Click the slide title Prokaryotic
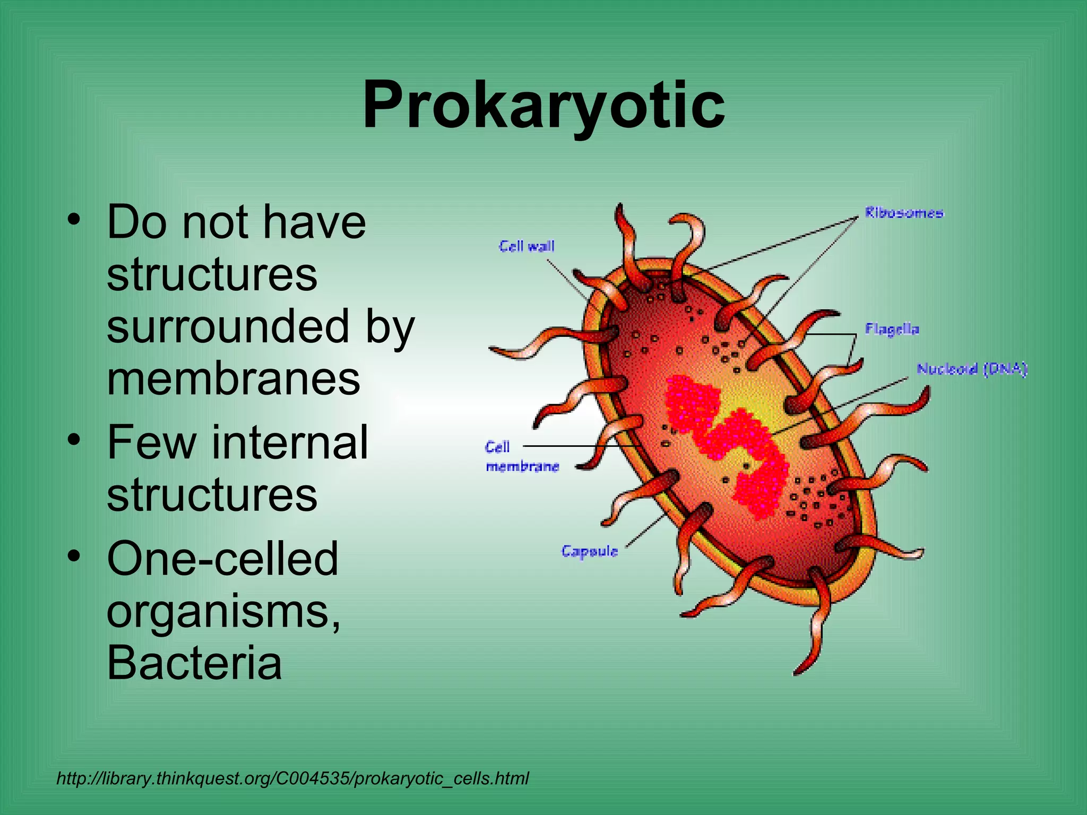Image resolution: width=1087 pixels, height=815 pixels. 543,105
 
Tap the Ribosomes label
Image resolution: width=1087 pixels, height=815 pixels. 904,213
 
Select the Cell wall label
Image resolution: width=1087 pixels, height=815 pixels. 527,246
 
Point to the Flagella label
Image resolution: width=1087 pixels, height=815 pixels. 892,329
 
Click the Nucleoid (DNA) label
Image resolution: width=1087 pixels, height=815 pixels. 972,369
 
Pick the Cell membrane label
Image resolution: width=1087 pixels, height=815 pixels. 522,457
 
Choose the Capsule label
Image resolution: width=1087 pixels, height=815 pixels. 590,551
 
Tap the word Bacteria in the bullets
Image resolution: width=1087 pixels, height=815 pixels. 194,663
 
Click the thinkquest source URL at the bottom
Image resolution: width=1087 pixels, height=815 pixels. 292,778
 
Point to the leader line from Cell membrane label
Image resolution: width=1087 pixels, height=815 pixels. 573,446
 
